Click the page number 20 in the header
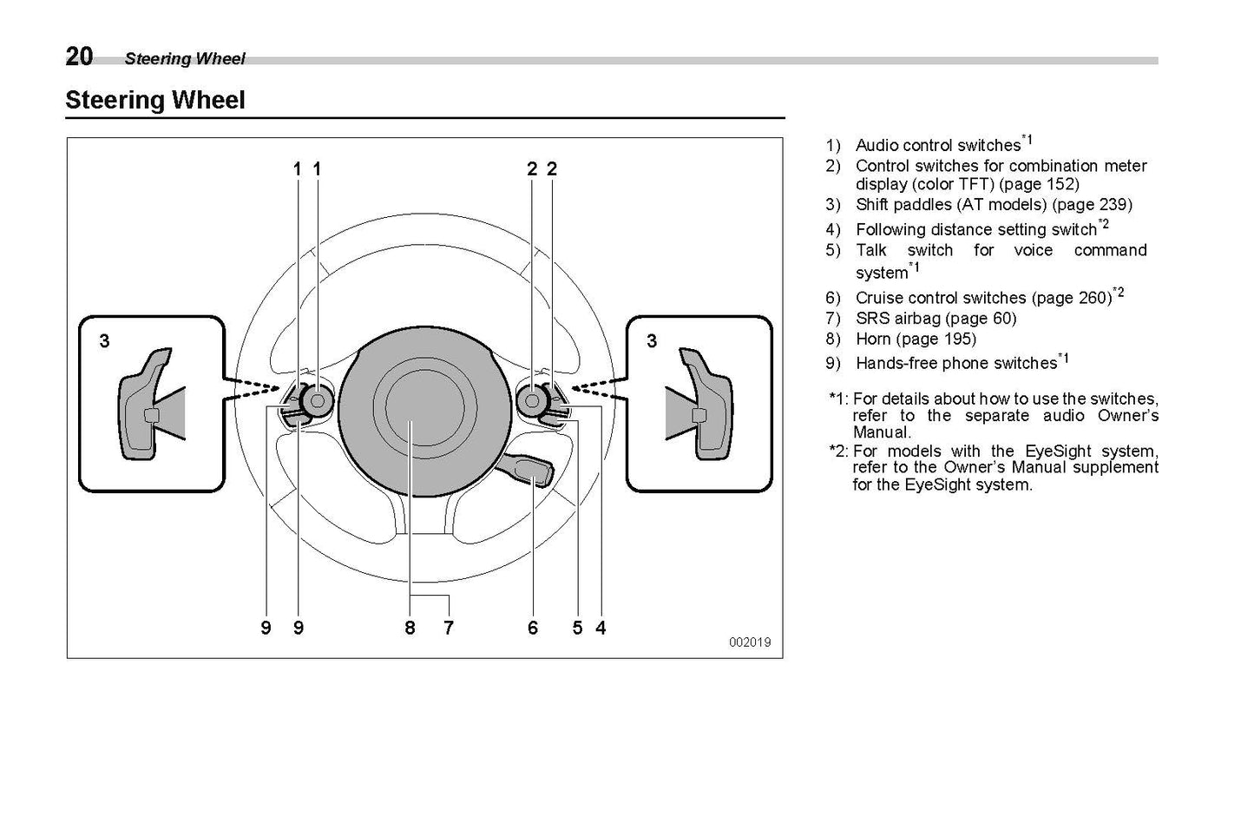[x=79, y=56]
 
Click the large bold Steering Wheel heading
[x=155, y=101]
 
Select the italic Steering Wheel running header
[x=185, y=59]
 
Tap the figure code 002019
[x=749, y=643]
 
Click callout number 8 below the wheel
[x=410, y=628]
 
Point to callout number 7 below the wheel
[x=448, y=628]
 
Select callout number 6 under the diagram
[x=533, y=628]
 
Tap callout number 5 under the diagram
[x=577, y=628]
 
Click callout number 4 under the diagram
[x=601, y=628]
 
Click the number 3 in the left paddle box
[x=104, y=341]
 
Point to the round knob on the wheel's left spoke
[x=317, y=400]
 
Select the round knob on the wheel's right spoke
[x=531, y=400]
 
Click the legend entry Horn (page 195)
[x=916, y=339]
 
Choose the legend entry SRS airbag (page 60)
[x=936, y=319]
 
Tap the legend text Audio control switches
[x=937, y=145]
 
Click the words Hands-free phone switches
[x=955, y=363]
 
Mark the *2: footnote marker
[x=838, y=451]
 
